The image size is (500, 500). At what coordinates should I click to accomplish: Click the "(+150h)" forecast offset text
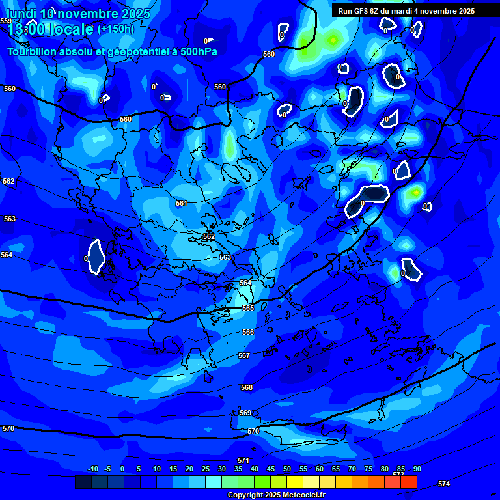click(x=115, y=29)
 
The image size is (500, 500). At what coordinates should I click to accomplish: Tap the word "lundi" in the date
click(x=21, y=14)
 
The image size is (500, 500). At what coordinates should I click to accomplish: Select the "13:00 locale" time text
click(x=50, y=29)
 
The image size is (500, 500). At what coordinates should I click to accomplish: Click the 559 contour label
click(x=6, y=21)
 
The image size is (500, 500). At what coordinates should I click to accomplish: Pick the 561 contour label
click(x=182, y=204)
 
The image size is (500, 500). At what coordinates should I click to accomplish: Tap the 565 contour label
click(x=248, y=308)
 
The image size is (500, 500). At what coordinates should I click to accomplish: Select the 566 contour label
click(x=248, y=332)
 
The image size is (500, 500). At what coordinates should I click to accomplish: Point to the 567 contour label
click(x=244, y=355)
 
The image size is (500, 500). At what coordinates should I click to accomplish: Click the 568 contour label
click(x=247, y=387)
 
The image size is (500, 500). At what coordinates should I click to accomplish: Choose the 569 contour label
click(x=245, y=413)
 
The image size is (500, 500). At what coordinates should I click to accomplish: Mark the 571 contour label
click(x=243, y=460)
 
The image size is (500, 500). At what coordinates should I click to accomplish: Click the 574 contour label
click(x=444, y=484)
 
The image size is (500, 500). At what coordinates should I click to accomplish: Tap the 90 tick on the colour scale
click(x=417, y=469)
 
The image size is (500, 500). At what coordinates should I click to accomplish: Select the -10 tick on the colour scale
click(x=92, y=469)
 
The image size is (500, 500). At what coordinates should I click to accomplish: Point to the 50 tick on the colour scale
click(x=287, y=469)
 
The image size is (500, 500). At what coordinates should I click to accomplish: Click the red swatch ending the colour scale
click(x=408, y=482)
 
